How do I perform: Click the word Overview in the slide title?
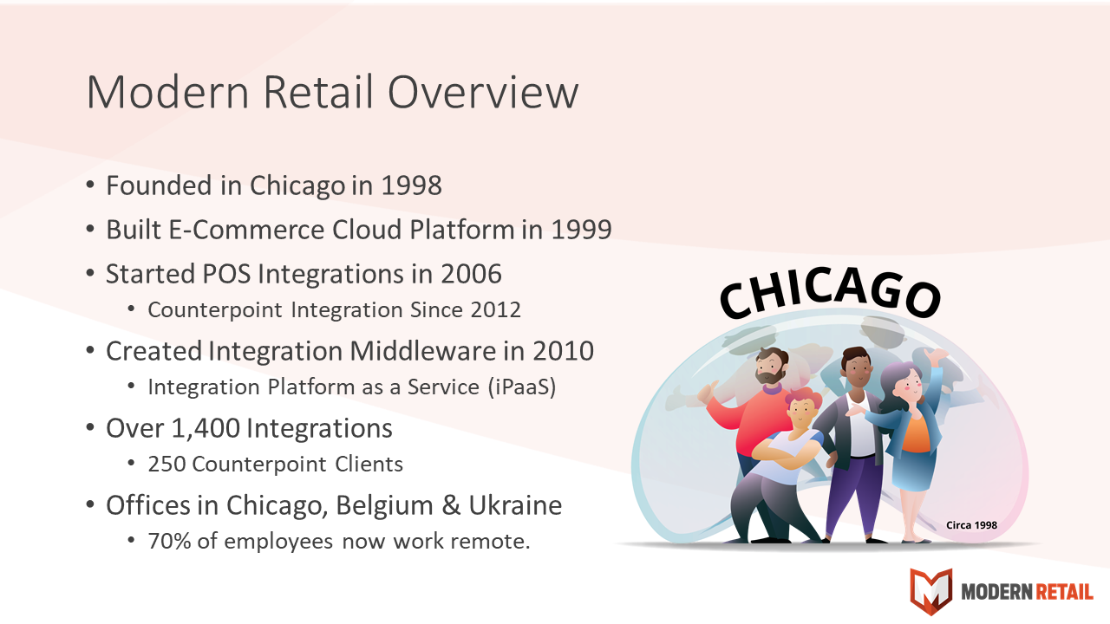click(x=483, y=92)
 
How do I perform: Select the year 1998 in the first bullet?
click(x=411, y=185)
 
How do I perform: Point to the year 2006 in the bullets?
click(x=471, y=274)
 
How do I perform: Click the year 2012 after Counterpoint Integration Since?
click(x=495, y=310)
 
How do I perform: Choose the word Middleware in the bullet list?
click(x=422, y=351)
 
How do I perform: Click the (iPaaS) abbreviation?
click(x=522, y=387)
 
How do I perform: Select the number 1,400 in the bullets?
click(x=206, y=428)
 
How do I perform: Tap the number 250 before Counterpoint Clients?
click(x=166, y=465)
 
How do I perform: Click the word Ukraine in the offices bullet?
click(x=515, y=505)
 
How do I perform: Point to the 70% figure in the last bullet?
click(x=169, y=542)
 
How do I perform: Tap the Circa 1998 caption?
click(x=971, y=525)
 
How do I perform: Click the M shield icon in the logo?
click(x=931, y=591)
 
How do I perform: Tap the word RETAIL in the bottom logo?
click(x=1063, y=592)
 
